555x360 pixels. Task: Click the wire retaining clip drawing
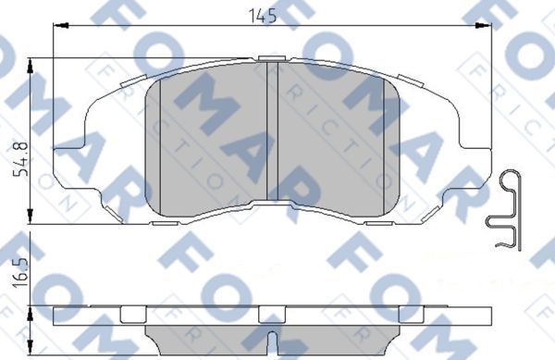click(505, 211)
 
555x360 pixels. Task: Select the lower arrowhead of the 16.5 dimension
click(34, 354)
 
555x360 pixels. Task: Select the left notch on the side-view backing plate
click(133, 313)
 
